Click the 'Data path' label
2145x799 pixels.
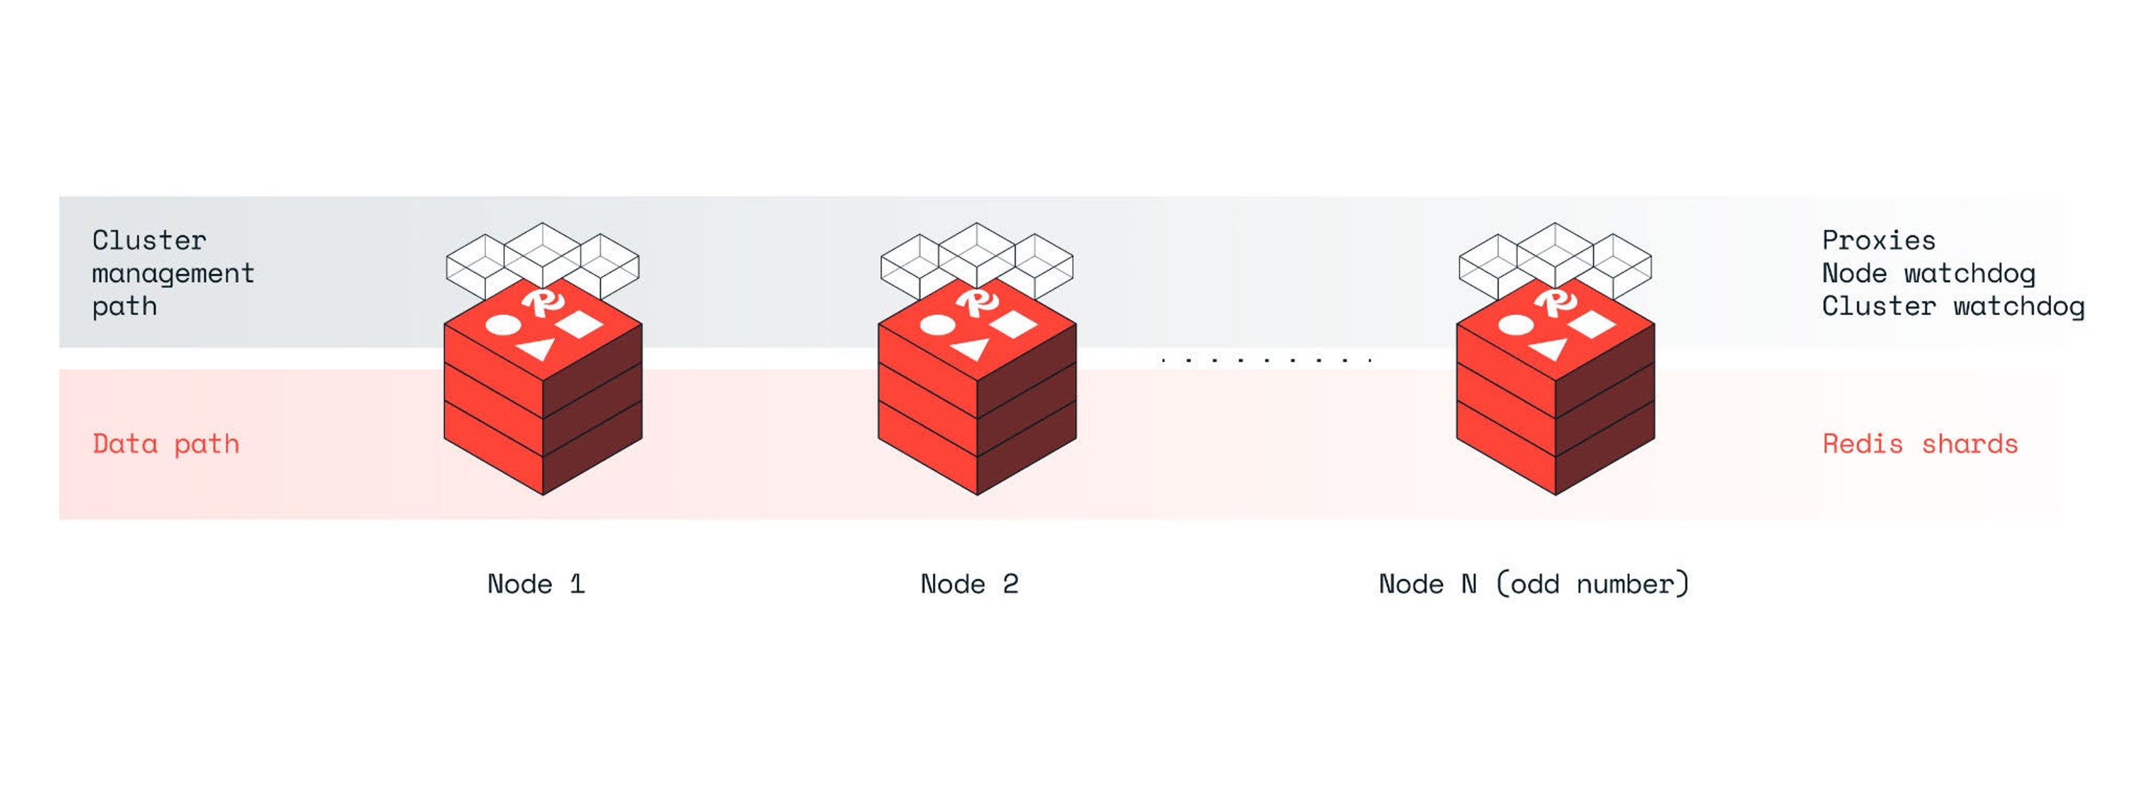point(166,444)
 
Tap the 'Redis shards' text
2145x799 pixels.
point(1920,444)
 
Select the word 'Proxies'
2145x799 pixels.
point(1879,241)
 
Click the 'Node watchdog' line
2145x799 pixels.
point(1928,274)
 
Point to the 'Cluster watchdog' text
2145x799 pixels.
point(1953,306)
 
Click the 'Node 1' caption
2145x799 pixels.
point(536,584)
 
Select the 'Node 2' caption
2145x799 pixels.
point(969,584)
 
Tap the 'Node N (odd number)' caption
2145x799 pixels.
point(1534,584)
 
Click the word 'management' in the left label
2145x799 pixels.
point(173,274)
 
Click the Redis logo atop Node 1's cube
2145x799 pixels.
point(543,301)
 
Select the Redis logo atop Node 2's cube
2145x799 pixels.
point(977,301)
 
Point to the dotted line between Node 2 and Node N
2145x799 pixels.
point(1266,361)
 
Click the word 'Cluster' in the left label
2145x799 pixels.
point(149,241)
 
